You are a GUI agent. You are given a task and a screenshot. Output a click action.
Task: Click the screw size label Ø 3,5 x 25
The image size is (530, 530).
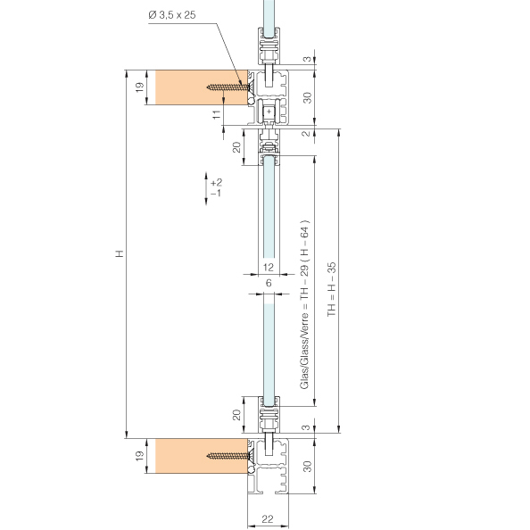coord(171,15)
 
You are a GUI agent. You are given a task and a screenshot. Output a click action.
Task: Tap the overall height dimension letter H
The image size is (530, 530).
coord(120,253)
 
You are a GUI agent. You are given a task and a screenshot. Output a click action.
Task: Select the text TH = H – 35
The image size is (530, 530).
coord(332,289)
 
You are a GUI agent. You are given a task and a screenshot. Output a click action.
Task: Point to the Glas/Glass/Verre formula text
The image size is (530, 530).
coord(304,304)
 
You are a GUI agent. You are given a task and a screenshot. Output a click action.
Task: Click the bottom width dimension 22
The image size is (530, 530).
coord(268,518)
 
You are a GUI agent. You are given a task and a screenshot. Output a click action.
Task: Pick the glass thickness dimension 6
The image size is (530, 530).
coord(269,283)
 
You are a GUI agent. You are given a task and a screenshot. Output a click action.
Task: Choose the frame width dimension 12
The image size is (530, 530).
coord(268,268)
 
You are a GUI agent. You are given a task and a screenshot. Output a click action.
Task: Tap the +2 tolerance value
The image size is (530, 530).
coord(216,183)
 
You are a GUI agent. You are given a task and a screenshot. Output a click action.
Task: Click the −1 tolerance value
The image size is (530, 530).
coord(216,193)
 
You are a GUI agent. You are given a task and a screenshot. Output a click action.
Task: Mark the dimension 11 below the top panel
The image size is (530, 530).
coord(217,114)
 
